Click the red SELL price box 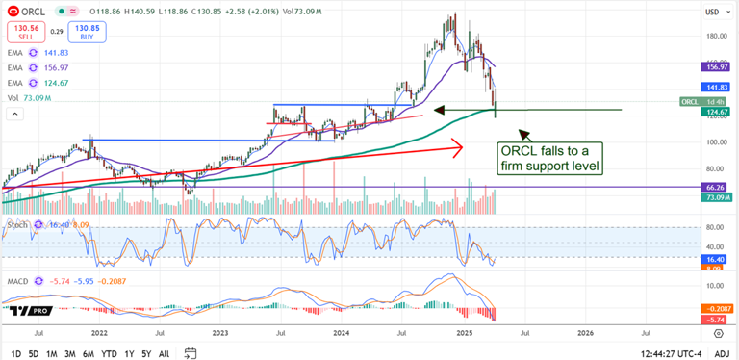tap(25, 33)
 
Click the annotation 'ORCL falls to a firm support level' tap(550, 158)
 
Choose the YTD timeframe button tap(111, 353)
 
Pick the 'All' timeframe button tap(164, 353)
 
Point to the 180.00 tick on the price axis tap(715, 37)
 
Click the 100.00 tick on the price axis tap(715, 142)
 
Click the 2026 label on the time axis tap(585, 333)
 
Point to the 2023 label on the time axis tap(220, 333)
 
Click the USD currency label tap(713, 12)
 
